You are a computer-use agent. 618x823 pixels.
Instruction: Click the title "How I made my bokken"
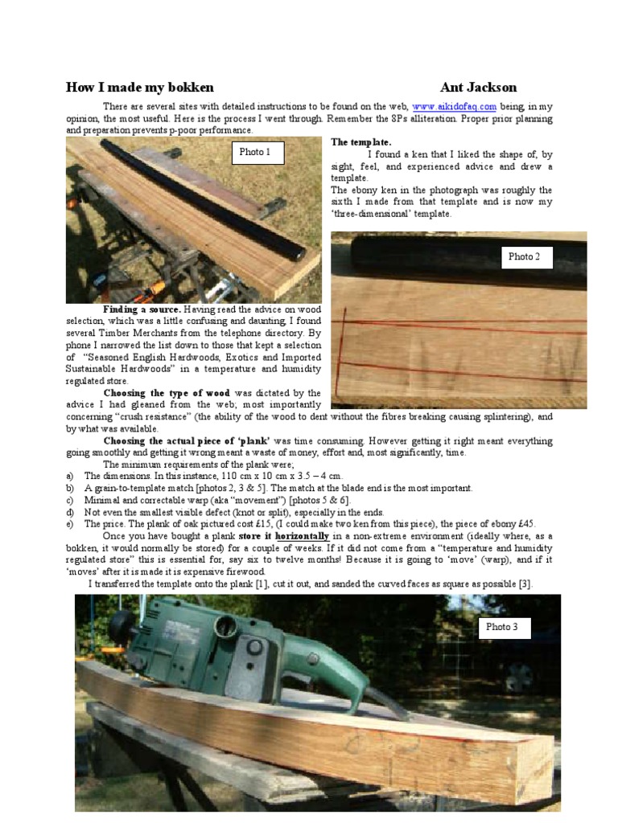pyautogui.click(x=139, y=88)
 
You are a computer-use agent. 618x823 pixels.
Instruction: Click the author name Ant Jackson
pyautogui.click(x=478, y=88)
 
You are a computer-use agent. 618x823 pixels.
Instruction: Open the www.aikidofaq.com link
pyautogui.click(x=454, y=106)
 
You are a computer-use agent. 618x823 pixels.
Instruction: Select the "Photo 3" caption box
pyautogui.click(x=502, y=626)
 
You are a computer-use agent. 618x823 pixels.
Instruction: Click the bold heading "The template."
pyautogui.click(x=360, y=142)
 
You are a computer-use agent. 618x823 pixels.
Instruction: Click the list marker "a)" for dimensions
pyautogui.click(x=70, y=476)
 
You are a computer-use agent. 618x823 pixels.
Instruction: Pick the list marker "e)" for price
pyautogui.click(x=70, y=524)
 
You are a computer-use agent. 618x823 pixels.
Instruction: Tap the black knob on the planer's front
pyautogui.click(x=122, y=626)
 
